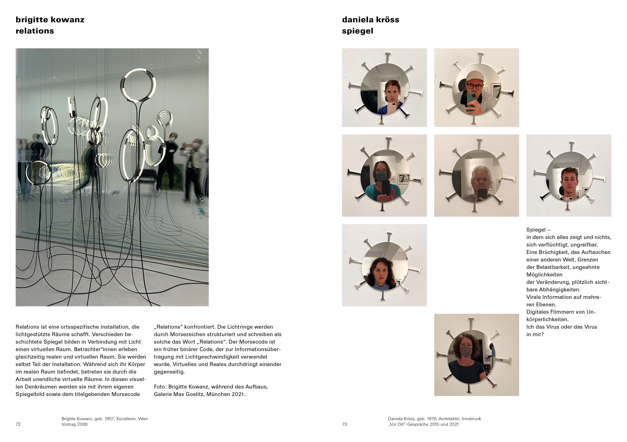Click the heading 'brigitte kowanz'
(x=50, y=20)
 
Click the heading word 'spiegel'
(x=358, y=31)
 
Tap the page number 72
(x=18, y=424)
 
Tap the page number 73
(x=344, y=424)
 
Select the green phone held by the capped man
(x=471, y=101)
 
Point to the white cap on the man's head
(x=475, y=76)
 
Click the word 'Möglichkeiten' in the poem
(x=544, y=275)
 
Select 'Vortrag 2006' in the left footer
(x=75, y=424)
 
